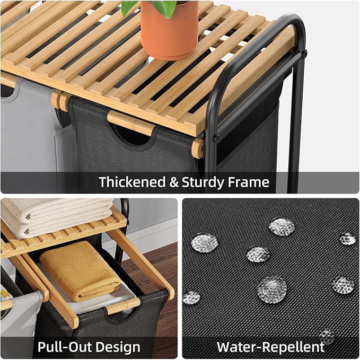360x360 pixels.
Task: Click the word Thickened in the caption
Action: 132,182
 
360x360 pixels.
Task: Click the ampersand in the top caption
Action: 174,182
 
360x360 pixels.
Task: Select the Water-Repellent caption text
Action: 270,347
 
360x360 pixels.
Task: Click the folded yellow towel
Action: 81,271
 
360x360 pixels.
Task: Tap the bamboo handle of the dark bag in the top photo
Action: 131,124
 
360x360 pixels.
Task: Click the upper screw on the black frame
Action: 304,54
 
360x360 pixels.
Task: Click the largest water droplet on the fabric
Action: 272,289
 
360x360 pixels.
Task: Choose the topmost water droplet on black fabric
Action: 282,227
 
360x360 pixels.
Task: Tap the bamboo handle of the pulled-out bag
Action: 124,306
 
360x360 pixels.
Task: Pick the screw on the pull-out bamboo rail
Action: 71,320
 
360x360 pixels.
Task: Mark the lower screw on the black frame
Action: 215,138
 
